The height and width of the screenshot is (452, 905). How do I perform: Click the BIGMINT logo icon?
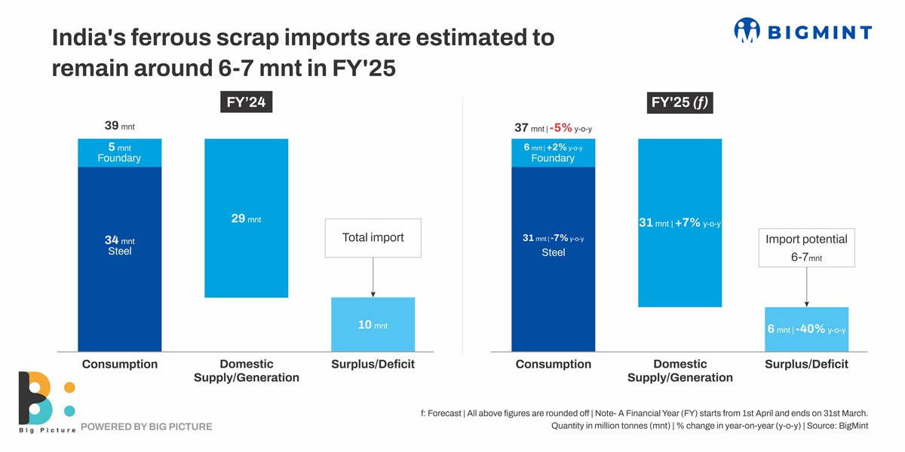(x=747, y=30)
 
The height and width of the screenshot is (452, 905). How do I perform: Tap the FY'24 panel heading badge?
(x=246, y=102)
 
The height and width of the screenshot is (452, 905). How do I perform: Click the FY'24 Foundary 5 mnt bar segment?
(x=119, y=153)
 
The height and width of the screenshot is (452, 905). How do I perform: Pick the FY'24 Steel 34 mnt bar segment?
(x=119, y=260)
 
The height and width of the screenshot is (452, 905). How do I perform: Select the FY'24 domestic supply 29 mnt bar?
(x=246, y=218)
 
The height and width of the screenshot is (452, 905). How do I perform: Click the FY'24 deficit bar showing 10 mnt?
(x=373, y=325)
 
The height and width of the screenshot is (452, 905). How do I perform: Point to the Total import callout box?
(x=373, y=238)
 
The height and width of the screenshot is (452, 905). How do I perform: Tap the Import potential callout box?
(x=806, y=247)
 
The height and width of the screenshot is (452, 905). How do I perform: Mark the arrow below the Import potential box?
(x=806, y=287)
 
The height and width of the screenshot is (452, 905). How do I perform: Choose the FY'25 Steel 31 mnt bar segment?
(x=553, y=260)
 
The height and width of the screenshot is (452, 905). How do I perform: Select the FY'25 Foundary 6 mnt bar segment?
(x=553, y=153)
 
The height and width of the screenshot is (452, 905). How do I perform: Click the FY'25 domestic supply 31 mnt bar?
(x=680, y=223)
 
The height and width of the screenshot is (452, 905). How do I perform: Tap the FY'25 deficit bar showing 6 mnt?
(x=806, y=330)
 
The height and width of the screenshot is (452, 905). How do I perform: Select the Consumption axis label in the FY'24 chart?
(x=119, y=365)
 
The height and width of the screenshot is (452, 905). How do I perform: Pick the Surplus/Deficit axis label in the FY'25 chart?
(x=806, y=365)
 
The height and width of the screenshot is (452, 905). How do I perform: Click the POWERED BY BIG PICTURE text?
(x=146, y=427)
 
